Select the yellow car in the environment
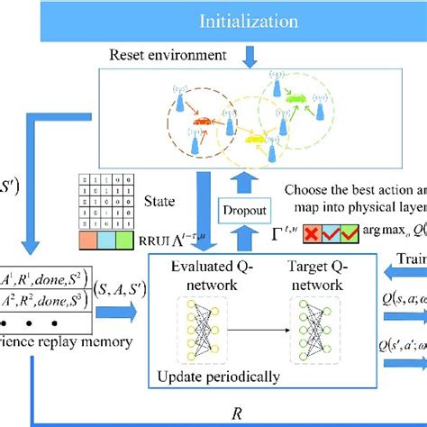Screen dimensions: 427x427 pyautogui.click(x=256, y=140)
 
